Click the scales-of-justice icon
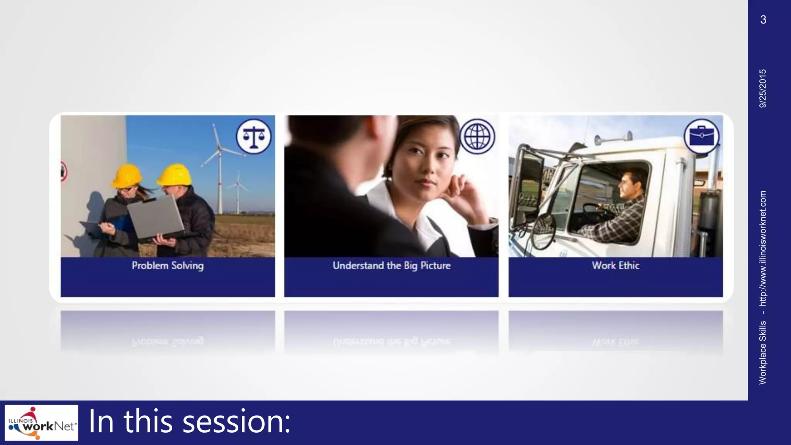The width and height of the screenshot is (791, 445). coord(254,136)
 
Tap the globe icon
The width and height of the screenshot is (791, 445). coord(477,136)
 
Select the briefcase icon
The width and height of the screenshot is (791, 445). coord(701,136)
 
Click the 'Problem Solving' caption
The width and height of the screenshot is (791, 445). coord(168,266)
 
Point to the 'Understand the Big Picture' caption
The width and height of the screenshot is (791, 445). coord(392,266)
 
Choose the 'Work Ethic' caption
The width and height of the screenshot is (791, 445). coord(616,266)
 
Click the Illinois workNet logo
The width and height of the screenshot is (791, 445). coord(41,423)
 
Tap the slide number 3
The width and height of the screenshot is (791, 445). coord(763,20)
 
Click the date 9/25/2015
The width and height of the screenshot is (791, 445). coord(763,88)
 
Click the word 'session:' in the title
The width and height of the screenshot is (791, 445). coord(236,422)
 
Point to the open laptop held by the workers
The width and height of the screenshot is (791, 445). coord(156,216)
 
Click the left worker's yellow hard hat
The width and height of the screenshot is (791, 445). coord(127,176)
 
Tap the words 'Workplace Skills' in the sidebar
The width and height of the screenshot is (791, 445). coord(763,353)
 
